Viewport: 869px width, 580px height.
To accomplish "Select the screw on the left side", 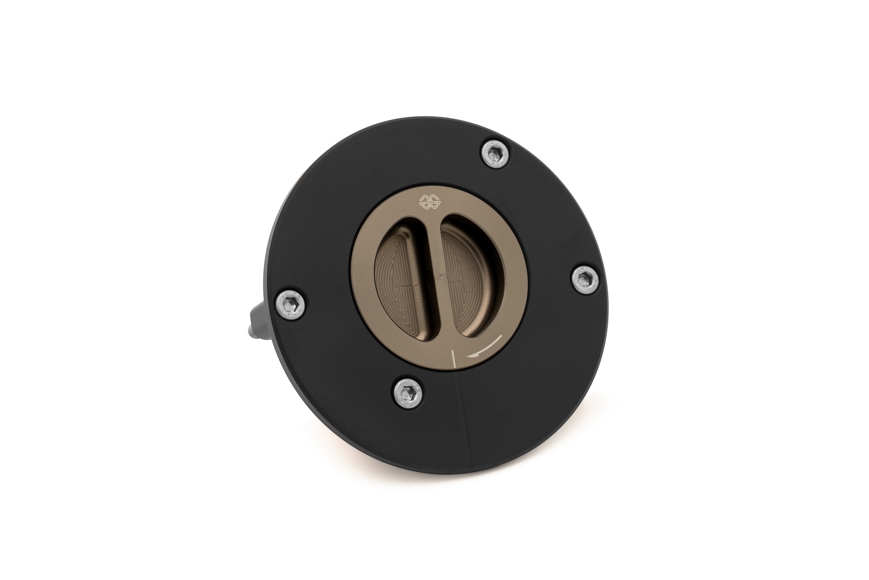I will (291, 304).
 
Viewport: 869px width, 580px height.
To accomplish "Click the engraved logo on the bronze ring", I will (428, 202).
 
